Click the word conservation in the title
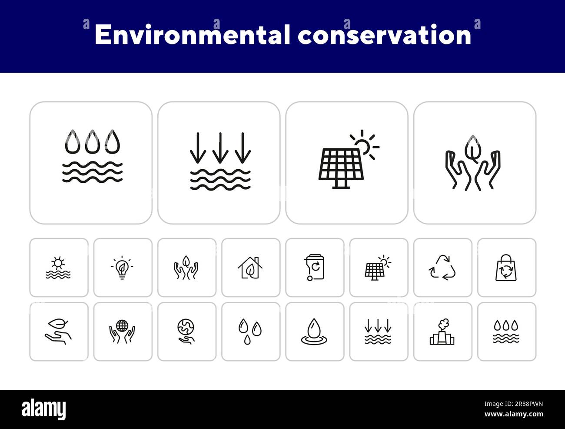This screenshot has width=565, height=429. point(385,35)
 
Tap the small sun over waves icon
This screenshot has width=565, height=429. point(58,268)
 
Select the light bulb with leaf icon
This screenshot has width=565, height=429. point(123,268)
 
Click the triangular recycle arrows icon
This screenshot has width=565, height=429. point(442,268)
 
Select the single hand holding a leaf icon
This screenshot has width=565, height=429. point(58,332)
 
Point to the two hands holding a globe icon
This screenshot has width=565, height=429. point(123,332)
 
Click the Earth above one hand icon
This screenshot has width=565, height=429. point(186,332)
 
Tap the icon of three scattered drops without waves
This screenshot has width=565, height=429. point(250,332)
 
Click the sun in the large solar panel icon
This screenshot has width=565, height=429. point(363,145)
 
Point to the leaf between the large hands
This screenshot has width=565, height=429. point(472,148)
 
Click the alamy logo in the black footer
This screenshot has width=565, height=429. point(43,409)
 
